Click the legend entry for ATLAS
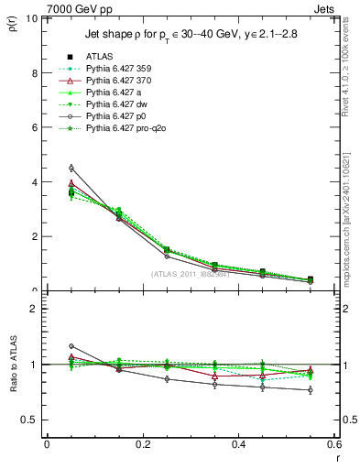point(100,56)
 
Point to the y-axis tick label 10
point(31,18)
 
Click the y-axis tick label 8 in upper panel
point(34,72)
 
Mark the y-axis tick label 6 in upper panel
point(34,127)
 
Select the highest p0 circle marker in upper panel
point(71,168)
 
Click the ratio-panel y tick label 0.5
point(30,420)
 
